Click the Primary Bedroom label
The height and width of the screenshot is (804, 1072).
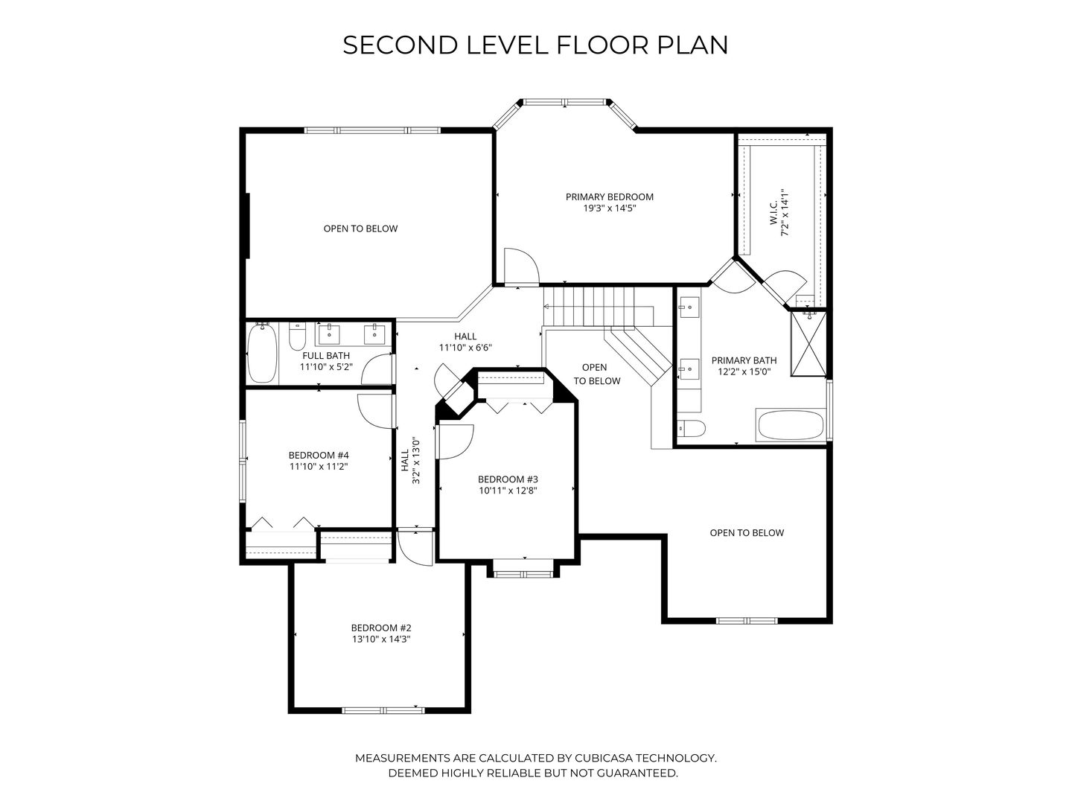pyautogui.click(x=609, y=197)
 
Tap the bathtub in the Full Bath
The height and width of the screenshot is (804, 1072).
pyautogui.click(x=262, y=353)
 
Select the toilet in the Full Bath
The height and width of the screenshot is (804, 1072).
pyautogui.click(x=297, y=336)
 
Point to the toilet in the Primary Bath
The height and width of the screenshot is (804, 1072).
pyautogui.click(x=692, y=429)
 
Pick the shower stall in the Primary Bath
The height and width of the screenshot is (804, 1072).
pyautogui.click(x=808, y=344)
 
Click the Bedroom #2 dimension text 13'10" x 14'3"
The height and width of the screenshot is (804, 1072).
pyautogui.click(x=381, y=639)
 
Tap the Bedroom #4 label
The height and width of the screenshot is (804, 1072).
pyautogui.click(x=319, y=456)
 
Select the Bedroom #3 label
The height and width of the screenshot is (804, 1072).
pyautogui.click(x=508, y=479)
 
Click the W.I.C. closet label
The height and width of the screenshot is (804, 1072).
pyautogui.click(x=773, y=214)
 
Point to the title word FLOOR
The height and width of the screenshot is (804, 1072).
pyautogui.click(x=603, y=45)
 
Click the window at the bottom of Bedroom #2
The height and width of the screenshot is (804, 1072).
pyautogui.click(x=383, y=710)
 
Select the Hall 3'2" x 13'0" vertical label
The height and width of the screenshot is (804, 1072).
pyautogui.click(x=410, y=460)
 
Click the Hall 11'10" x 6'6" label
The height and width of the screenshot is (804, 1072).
pyautogui.click(x=465, y=342)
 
